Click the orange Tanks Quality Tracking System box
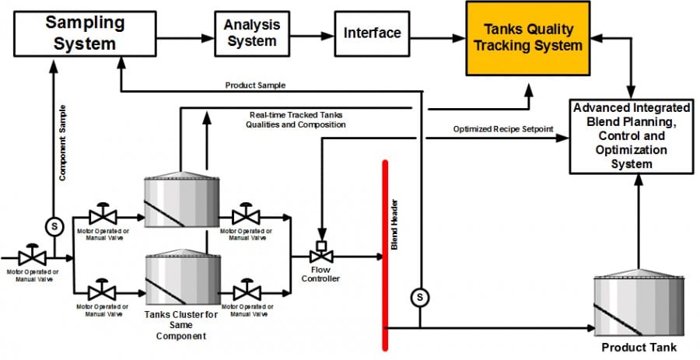[x=527, y=38]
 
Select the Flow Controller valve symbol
[x=320, y=255]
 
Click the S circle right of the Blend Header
[x=419, y=296]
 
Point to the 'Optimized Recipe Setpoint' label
[x=503, y=128]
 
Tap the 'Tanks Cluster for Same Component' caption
[x=180, y=325]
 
